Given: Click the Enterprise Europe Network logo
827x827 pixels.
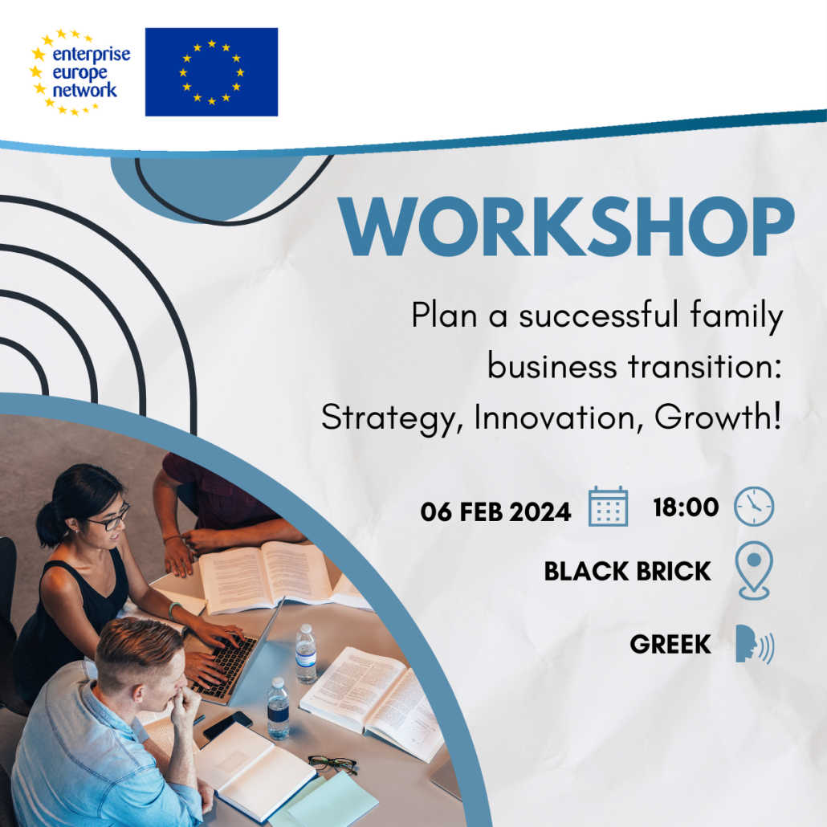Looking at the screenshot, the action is coord(80,71).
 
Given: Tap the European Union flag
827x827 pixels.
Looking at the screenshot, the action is coord(211,71).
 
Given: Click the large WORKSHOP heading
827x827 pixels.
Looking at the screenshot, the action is coord(566,226).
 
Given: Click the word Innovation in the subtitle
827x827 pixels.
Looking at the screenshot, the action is coord(559,418).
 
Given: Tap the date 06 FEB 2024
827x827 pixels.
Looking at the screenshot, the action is coord(495,511).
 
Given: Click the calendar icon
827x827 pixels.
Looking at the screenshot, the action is coord(608,507).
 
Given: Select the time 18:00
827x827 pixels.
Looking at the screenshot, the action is coord(686,507).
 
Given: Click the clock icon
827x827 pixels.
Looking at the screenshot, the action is coord(754,507).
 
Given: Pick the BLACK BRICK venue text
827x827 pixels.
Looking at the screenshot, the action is coord(628,571).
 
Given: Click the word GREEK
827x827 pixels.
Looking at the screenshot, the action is coord(670,644).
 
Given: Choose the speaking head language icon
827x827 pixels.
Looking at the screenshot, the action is coord(755,644).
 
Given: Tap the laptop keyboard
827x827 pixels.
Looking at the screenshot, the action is coord(224,666).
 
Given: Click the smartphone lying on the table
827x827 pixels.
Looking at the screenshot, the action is coord(228,725).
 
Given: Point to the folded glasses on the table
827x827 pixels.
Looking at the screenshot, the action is coord(332,764).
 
